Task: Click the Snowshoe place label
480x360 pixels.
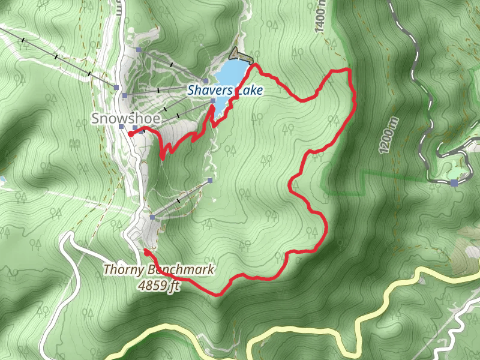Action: pyautogui.click(x=125, y=119)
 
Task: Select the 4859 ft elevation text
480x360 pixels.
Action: pyautogui.click(x=158, y=286)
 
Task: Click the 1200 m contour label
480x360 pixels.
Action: pyautogui.click(x=389, y=135)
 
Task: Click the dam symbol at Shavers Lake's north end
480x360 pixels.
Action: pyautogui.click(x=241, y=55)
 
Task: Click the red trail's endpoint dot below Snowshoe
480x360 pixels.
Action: pyautogui.click(x=131, y=134)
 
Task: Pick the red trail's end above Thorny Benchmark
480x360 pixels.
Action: pyautogui.click(x=146, y=250)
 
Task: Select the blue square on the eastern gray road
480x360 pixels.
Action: pyautogui.click(x=454, y=182)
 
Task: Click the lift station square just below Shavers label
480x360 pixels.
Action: pyautogui.click(x=212, y=101)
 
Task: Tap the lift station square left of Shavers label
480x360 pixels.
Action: pyautogui.click(x=206, y=81)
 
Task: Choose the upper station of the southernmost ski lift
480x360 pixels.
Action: pyautogui.click(x=210, y=180)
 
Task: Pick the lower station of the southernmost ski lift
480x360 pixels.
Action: pyautogui.click(x=153, y=217)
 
